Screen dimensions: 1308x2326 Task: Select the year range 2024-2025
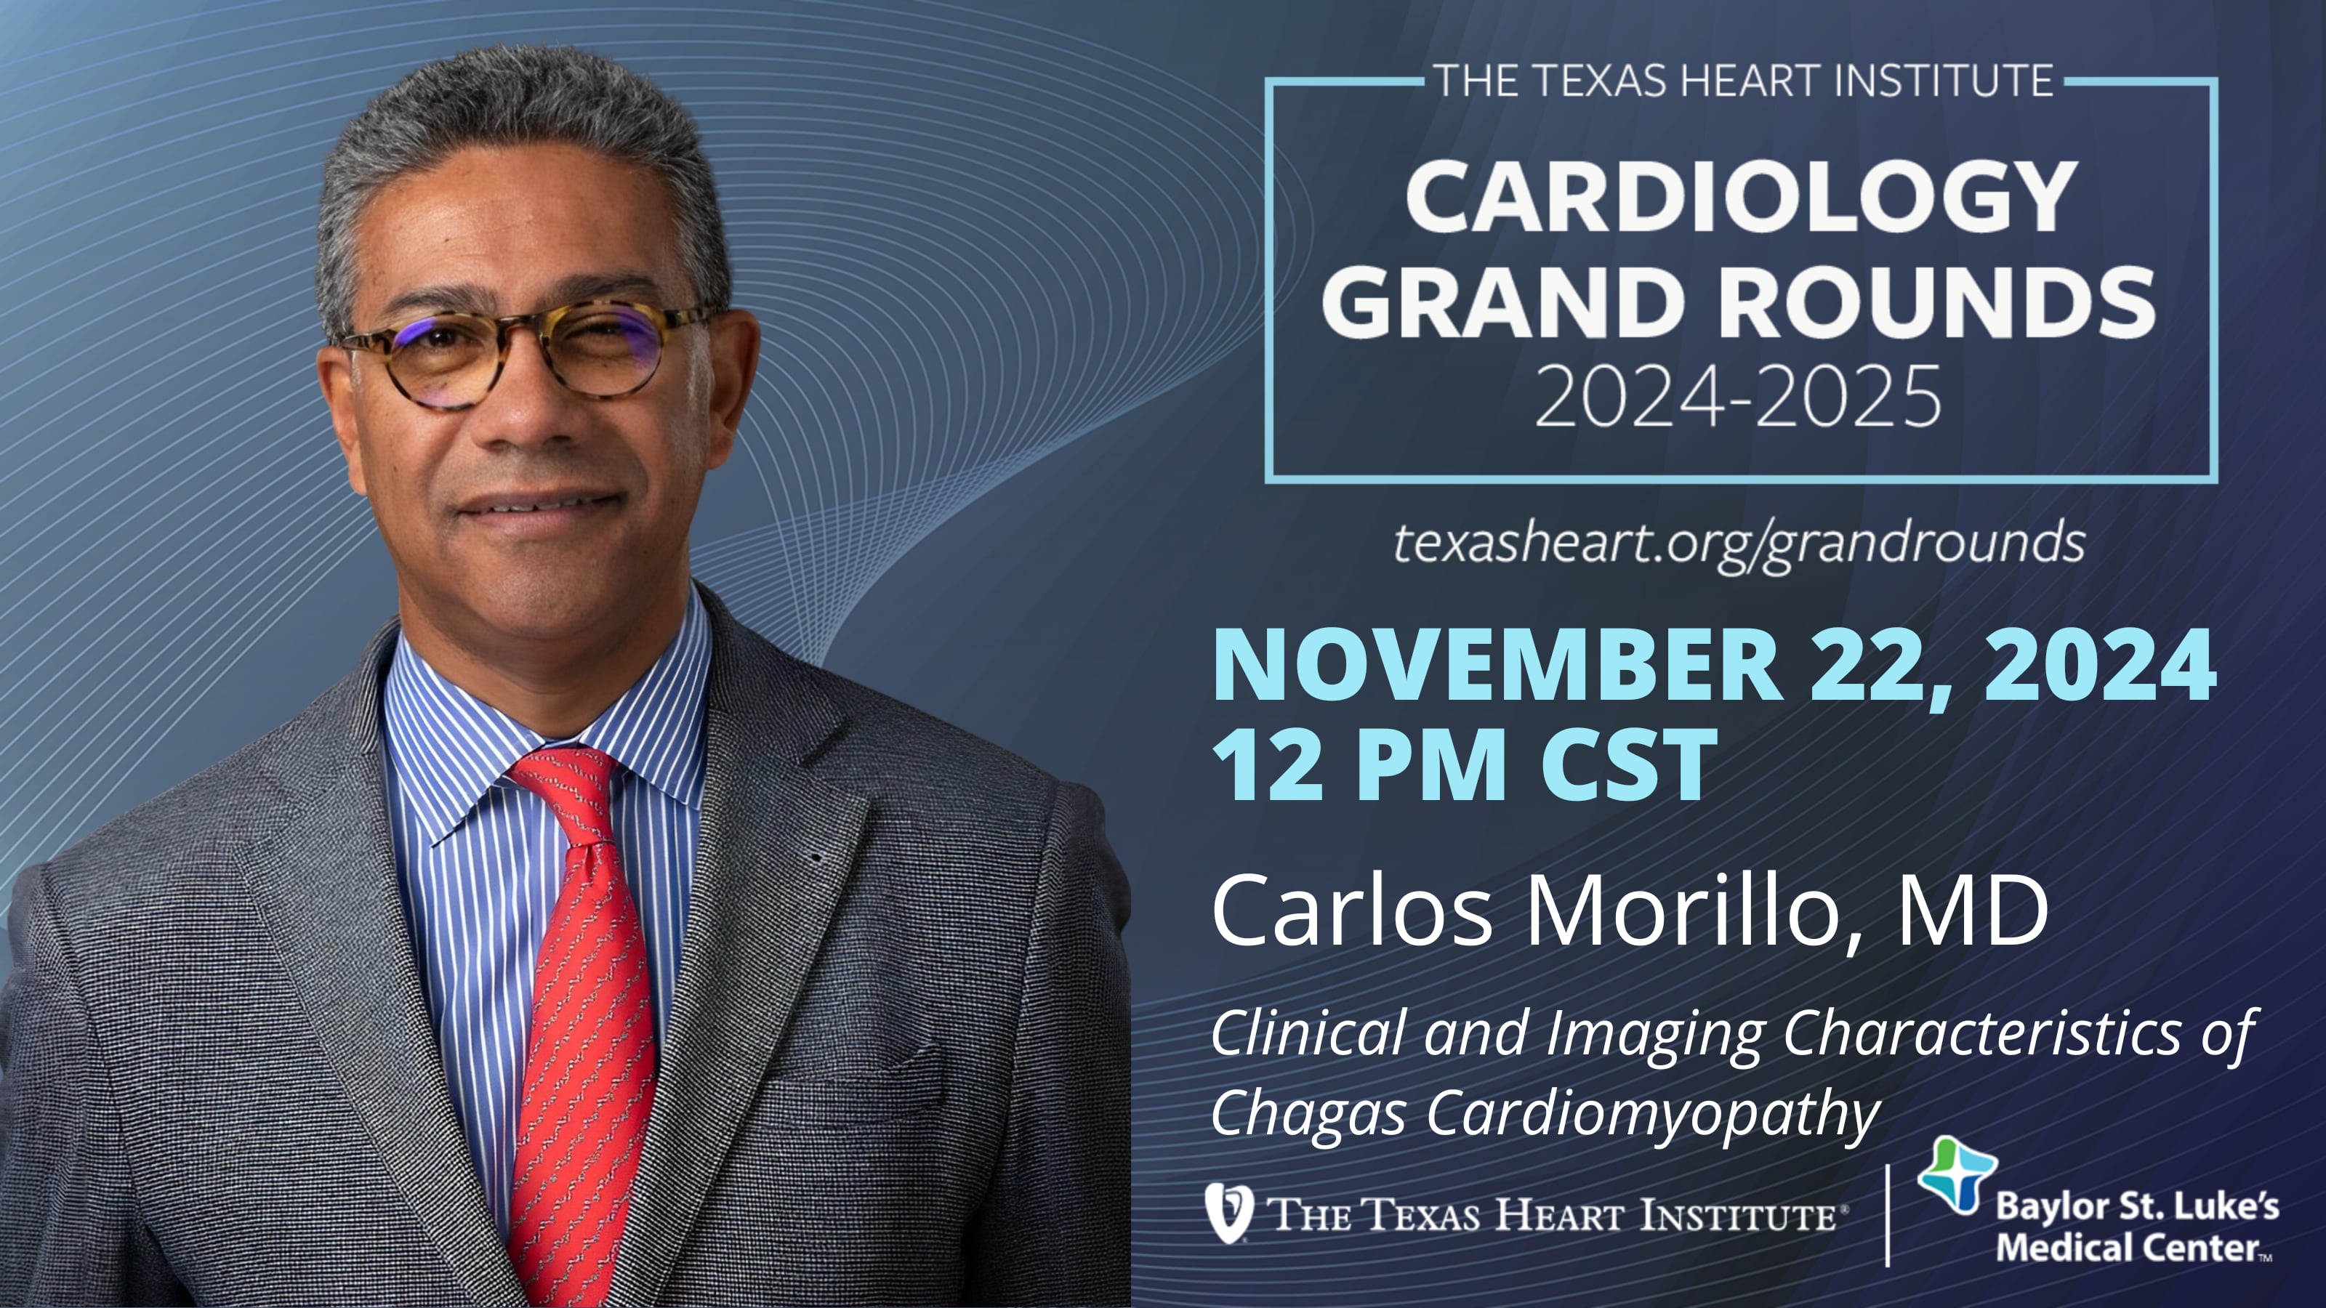(x=1738, y=395)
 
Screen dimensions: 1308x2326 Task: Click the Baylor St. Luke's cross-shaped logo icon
(x=1956, y=1174)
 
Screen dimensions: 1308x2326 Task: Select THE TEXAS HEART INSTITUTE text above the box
(x=1743, y=81)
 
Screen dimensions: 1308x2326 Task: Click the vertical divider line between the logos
(x=1887, y=1214)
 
